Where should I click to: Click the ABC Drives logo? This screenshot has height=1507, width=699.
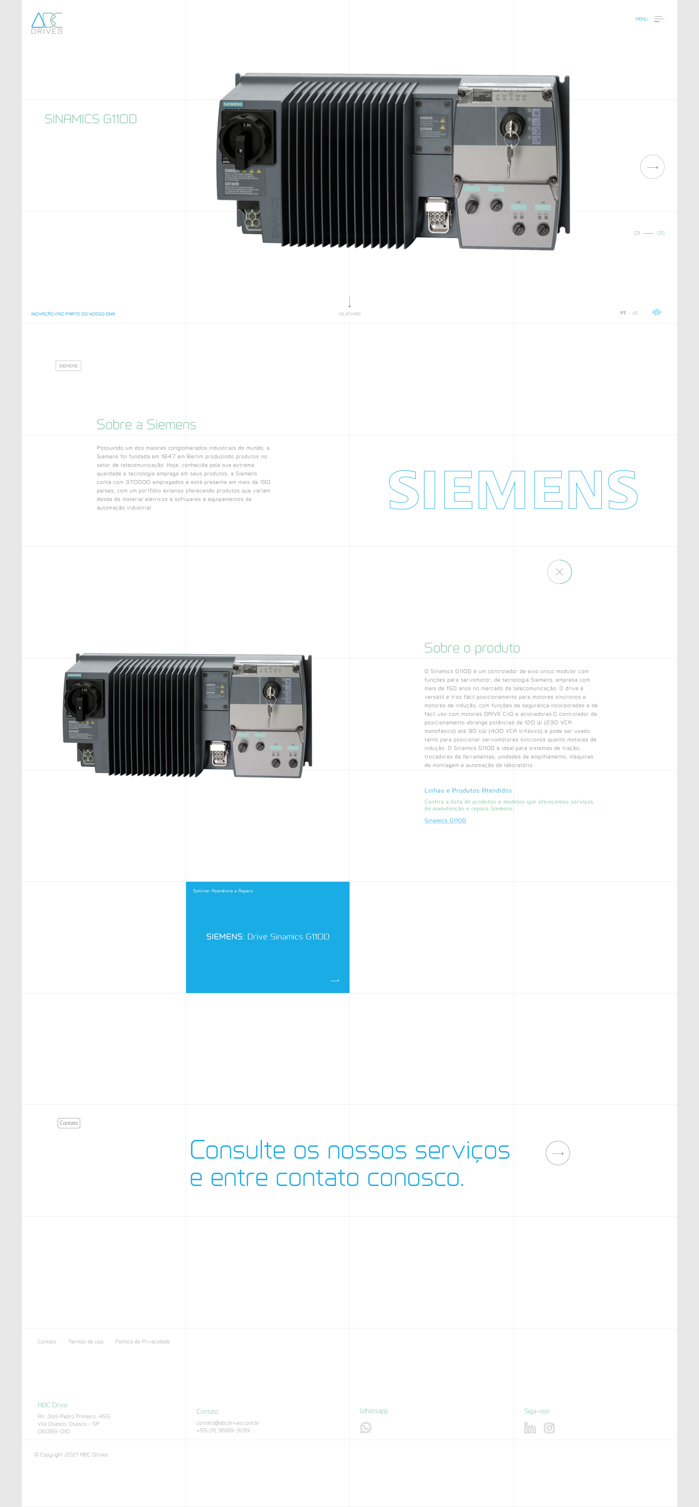(47, 23)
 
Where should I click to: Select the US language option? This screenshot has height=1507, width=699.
(635, 313)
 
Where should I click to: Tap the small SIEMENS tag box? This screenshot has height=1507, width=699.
(68, 366)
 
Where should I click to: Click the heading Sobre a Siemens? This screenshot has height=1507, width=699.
(146, 425)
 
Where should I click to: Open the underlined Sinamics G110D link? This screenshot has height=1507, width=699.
(445, 821)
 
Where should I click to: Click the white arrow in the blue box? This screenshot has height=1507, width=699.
(335, 980)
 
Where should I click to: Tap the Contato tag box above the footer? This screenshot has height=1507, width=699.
(69, 1123)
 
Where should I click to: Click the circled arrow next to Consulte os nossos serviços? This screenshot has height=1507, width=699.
(558, 1153)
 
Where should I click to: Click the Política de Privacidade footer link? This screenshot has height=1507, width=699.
(142, 1341)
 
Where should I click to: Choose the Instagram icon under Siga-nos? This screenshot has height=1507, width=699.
(549, 1428)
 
